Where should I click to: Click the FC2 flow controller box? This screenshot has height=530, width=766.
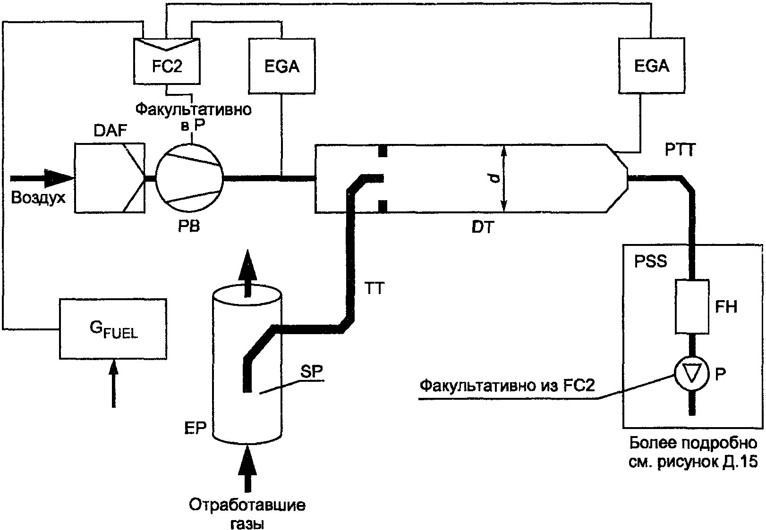click(167, 61)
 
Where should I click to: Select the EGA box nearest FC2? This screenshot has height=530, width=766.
click(282, 66)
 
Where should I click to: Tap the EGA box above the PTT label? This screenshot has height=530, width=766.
click(651, 65)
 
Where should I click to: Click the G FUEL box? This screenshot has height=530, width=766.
click(113, 329)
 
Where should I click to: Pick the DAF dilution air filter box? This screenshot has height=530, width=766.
click(110, 178)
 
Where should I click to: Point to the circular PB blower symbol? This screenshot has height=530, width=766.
click(189, 178)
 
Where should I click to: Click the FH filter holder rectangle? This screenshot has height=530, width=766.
click(692, 307)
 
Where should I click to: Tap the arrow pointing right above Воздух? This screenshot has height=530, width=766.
click(42, 178)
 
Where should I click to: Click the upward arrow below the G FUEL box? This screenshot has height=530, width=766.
click(113, 384)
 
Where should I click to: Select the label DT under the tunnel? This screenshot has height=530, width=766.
click(483, 227)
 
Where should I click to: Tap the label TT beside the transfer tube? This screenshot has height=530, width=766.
click(374, 288)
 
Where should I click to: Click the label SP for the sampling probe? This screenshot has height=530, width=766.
click(312, 372)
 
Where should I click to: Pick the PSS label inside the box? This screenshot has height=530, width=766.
click(650, 261)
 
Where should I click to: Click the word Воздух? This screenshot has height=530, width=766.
click(38, 198)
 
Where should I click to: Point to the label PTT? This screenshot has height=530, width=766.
click(680, 150)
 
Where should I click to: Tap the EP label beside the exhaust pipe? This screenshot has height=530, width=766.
click(195, 428)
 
